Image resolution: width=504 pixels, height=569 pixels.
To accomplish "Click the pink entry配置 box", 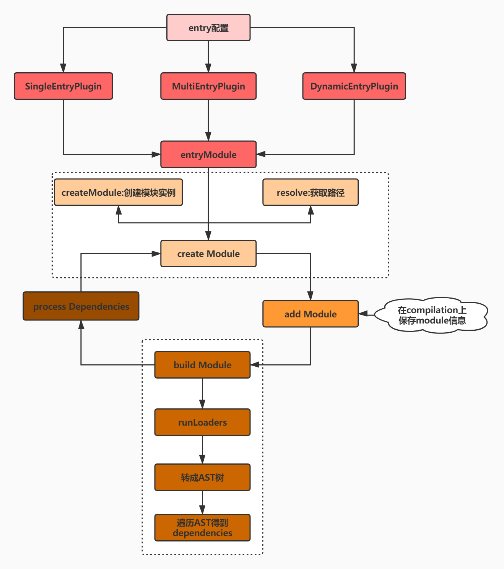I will [x=208, y=28].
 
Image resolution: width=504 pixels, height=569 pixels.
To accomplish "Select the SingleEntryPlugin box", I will [x=63, y=86].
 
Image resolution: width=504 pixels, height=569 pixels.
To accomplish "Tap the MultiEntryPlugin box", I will [x=208, y=86].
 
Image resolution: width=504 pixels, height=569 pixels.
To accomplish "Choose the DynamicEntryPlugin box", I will [x=354, y=86].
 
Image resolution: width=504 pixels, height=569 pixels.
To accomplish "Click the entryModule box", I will [x=208, y=154].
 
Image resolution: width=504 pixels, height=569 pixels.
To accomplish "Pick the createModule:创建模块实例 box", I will [x=118, y=192].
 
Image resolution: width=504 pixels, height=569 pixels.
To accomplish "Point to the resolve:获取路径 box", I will [x=311, y=192].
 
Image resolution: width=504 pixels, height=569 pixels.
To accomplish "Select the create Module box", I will [x=208, y=254].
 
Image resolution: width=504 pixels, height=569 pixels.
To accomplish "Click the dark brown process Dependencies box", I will [x=81, y=306].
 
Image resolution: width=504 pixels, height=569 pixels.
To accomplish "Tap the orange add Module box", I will [x=311, y=314].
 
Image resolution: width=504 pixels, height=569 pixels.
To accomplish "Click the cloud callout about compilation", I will [x=431, y=315].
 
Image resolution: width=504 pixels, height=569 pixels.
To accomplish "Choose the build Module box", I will [x=202, y=365].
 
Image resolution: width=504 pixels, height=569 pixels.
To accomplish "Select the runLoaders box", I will [x=202, y=422].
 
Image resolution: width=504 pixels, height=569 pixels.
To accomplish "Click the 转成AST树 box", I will [x=202, y=477].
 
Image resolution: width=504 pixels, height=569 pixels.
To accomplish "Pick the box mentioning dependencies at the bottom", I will [x=202, y=528].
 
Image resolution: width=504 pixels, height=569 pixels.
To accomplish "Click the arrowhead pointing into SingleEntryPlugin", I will [x=63, y=68].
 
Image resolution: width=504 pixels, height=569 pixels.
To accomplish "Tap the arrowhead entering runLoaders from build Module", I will [x=202, y=404].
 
